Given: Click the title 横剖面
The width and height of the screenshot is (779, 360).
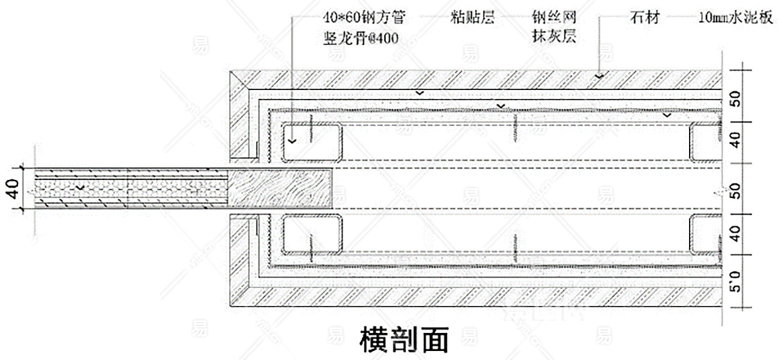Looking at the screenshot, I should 404,340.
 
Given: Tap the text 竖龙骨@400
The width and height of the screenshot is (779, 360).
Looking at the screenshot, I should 361,37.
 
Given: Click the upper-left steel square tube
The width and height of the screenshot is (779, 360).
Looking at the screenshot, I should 311,143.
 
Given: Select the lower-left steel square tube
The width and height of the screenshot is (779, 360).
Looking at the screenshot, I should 311,235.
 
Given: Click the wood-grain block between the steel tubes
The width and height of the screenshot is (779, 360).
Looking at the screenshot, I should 281,188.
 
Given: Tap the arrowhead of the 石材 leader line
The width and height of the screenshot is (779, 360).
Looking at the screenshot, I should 599,76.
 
